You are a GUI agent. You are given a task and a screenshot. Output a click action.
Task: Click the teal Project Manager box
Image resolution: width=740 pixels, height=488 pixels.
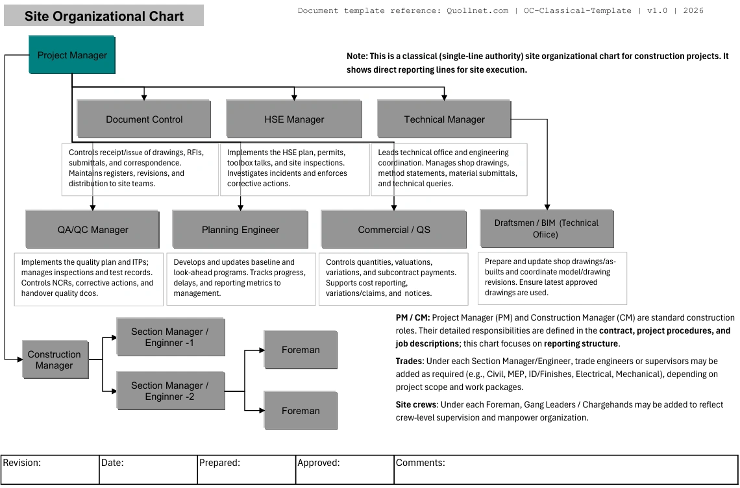[x=72, y=55]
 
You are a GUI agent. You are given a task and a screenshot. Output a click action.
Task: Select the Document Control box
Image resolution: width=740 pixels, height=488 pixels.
[x=144, y=119]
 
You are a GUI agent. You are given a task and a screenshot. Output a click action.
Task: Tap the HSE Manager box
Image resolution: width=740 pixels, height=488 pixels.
[x=294, y=119]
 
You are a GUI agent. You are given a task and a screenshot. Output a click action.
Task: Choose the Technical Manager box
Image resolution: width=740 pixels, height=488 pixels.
[x=444, y=119]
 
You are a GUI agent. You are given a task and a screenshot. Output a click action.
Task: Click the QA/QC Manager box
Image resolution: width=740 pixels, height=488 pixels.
[x=93, y=230]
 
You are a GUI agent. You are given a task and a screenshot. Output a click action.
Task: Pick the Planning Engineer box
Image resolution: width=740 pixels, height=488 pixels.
[x=240, y=230]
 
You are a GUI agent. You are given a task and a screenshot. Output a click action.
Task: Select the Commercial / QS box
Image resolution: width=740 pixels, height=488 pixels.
[x=394, y=230]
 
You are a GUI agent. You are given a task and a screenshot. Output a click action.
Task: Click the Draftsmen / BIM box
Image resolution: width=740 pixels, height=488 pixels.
[x=546, y=228]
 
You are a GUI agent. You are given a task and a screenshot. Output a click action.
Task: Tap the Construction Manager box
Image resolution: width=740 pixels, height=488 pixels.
[x=55, y=360]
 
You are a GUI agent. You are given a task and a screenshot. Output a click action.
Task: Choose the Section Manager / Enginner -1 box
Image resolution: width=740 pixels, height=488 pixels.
[x=170, y=337]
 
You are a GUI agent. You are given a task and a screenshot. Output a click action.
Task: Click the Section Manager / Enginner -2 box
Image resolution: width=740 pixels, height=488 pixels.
[x=170, y=391]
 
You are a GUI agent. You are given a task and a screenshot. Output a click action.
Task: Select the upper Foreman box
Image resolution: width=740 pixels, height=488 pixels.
[x=301, y=350]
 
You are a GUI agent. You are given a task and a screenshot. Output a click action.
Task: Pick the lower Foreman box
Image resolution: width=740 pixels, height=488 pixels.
[x=301, y=411]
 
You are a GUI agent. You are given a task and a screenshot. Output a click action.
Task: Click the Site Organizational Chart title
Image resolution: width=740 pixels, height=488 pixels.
[x=104, y=16]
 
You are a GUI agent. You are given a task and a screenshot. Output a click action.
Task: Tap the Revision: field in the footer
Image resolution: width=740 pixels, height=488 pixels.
[x=49, y=469]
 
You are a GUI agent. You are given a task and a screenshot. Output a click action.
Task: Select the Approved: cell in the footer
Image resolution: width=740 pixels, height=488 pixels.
[x=344, y=469]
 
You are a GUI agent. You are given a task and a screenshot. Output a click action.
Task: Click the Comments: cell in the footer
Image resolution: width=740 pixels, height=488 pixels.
[x=565, y=469]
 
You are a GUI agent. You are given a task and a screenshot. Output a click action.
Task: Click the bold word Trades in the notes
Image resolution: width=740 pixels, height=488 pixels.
[x=409, y=361]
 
